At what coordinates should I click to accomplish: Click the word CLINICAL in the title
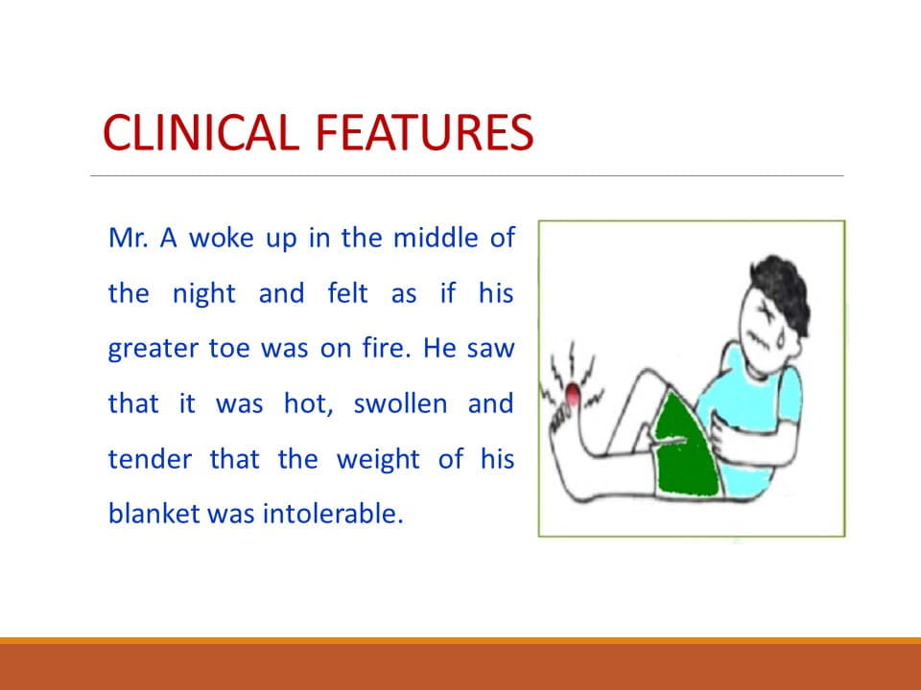click(201, 132)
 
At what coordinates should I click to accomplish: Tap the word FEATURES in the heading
click(424, 132)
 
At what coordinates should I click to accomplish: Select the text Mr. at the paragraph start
click(128, 239)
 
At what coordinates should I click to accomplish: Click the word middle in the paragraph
click(436, 239)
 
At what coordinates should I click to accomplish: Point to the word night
click(203, 294)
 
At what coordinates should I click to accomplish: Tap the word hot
click(309, 403)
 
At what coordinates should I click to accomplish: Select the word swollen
click(400, 403)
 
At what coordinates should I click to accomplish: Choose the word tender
click(150, 459)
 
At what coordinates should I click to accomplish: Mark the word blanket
click(153, 514)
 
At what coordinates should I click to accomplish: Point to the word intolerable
click(333, 514)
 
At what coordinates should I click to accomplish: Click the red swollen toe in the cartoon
click(572, 393)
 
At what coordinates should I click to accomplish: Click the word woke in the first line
click(222, 239)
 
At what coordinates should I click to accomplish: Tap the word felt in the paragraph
click(347, 293)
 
